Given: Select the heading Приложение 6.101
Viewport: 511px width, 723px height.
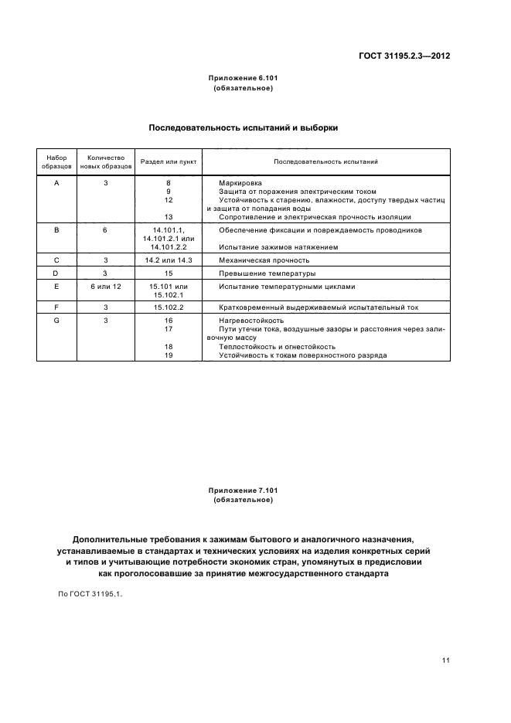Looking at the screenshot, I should pyautogui.click(x=242, y=79).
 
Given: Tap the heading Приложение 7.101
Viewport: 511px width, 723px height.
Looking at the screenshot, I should pyautogui.click(x=242, y=490).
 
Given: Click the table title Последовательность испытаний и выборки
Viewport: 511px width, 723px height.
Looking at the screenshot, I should pyautogui.click(x=242, y=128).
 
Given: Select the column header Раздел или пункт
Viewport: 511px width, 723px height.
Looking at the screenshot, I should pyautogui.click(x=169, y=161).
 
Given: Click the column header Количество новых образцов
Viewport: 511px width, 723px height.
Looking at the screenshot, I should pyautogui.click(x=106, y=161).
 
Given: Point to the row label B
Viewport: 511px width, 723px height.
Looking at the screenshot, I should pyautogui.click(x=56, y=230).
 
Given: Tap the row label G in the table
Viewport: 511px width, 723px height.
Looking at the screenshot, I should pyautogui.click(x=56, y=320).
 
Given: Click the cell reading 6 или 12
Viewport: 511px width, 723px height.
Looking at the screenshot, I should pyautogui.click(x=106, y=287).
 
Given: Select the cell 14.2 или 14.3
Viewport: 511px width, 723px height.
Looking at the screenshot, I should pyautogui.click(x=169, y=260).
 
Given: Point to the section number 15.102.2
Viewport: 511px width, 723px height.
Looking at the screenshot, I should pyautogui.click(x=169, y=307).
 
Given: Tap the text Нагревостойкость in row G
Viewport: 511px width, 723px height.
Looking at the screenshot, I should pyautogui.click(x=251, y=320).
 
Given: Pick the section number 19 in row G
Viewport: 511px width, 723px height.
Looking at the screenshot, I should pyautogui.click(x=169, y=355).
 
